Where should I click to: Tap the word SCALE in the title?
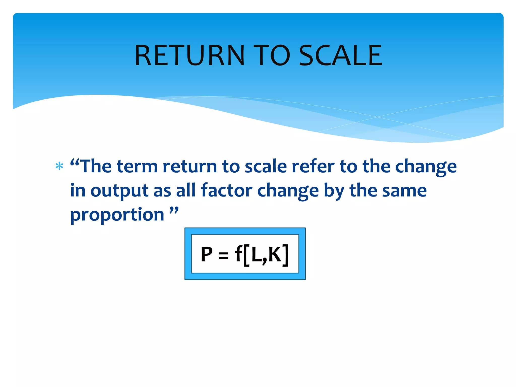point(341,55)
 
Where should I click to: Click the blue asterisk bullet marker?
point(59,166)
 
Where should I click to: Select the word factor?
point(227,190)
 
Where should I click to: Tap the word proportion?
point(117,215)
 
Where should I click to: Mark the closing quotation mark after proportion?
point(174,210)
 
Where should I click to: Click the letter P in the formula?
point(207,254)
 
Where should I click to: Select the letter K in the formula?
point(275,254)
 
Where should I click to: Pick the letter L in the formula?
point(256,254)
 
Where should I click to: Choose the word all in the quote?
point(186,190)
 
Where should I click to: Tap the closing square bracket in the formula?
point(285,255)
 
